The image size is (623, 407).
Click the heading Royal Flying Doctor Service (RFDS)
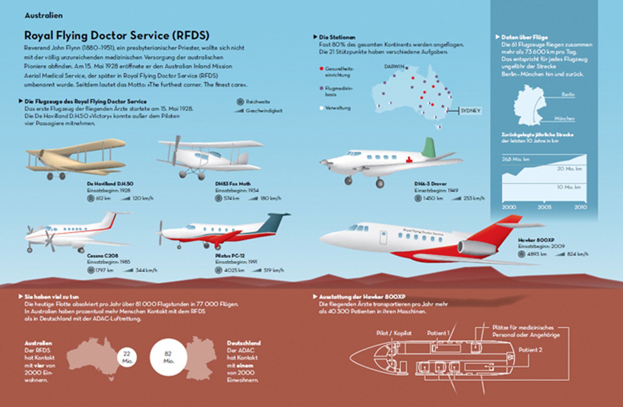[117, 36]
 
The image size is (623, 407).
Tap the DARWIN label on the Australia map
[394, 67]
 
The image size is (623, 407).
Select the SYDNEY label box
[470, 111]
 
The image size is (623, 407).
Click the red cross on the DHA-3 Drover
[409, 160]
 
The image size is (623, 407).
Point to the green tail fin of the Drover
[429, 147]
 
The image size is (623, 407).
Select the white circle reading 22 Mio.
[127, 357]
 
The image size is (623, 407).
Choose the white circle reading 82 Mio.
[168, 357]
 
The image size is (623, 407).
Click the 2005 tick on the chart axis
[544, 201]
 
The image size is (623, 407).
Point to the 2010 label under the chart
[580, 207]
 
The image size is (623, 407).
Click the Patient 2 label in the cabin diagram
[530, 350]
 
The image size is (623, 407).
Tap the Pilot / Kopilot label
[394, 333]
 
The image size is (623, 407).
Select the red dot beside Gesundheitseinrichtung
[322, 68]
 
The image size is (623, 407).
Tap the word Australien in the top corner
[44, 15]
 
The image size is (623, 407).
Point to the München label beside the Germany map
[564, 119]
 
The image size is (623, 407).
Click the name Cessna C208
[102, 256]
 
